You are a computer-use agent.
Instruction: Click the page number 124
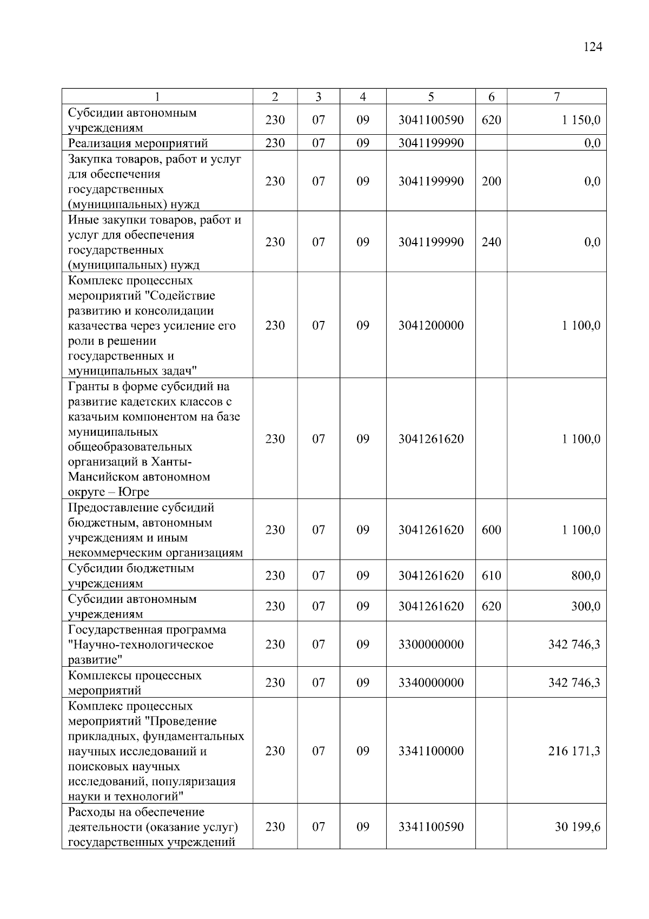click(x=593, y=47)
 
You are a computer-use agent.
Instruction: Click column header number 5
click(x=431, y=97)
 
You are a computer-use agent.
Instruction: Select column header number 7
click(x=557, y=97)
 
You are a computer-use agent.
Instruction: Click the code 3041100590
click(x=431, y=120)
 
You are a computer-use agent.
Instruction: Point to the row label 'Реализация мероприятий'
click(x=138, y=143)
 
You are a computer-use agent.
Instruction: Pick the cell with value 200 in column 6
click(x=491, y=181)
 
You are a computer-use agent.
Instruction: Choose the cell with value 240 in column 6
click(x=491, y=242)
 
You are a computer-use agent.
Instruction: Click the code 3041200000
click(x=431, y=325)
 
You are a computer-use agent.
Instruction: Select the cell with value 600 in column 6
click(x=491, y=530)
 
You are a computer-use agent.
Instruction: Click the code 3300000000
click(x=431, y=645)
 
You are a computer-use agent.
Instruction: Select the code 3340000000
click(x=431, y=683)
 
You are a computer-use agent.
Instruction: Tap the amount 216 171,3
click(x=574, y=751)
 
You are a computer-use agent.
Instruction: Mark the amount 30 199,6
click(x=577, y=827)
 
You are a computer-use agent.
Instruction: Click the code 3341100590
click(x=431, y=827)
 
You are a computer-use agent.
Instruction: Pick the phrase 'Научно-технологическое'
click(x=141, y=645)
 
